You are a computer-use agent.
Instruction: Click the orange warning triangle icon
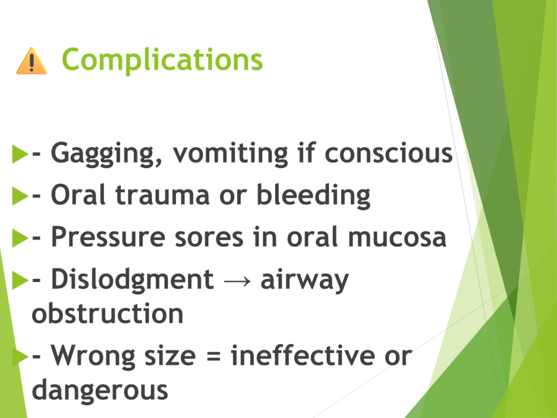tap(32, 61)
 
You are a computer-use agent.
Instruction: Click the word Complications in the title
tap(162, 59)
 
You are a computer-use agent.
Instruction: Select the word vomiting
tap(230, 154)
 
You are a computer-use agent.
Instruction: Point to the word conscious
tap(388, 153)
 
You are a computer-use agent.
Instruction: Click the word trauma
tap(162, 195)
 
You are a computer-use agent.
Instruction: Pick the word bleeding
tap(313, 196)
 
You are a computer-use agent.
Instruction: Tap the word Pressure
tap(108, 237)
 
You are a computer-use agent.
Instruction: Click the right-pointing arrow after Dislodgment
tap(237, 281)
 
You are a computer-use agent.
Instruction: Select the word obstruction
tap(107, 313)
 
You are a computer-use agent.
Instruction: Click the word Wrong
tap(93, 356)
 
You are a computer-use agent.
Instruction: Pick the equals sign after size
tap(213, 356)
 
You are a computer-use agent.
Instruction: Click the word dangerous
tap(100, 390)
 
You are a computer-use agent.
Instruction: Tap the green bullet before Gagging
tap(20, 153)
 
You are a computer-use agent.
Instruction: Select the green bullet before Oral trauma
tap(20, 196)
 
